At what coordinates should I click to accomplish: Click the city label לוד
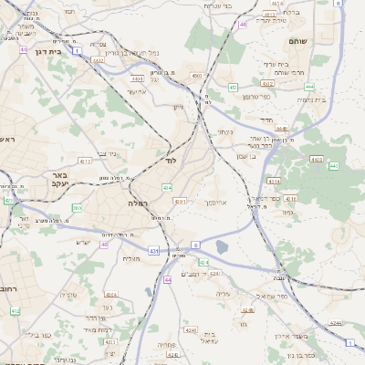[171, 160]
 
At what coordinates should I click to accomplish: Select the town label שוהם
[323, 41]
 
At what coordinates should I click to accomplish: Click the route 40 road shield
[104, 245]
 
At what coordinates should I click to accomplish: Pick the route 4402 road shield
[97, 60]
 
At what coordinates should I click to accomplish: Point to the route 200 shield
[77, 209]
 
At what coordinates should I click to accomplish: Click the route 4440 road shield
[282, 130]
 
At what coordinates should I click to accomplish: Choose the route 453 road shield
[234, 88]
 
